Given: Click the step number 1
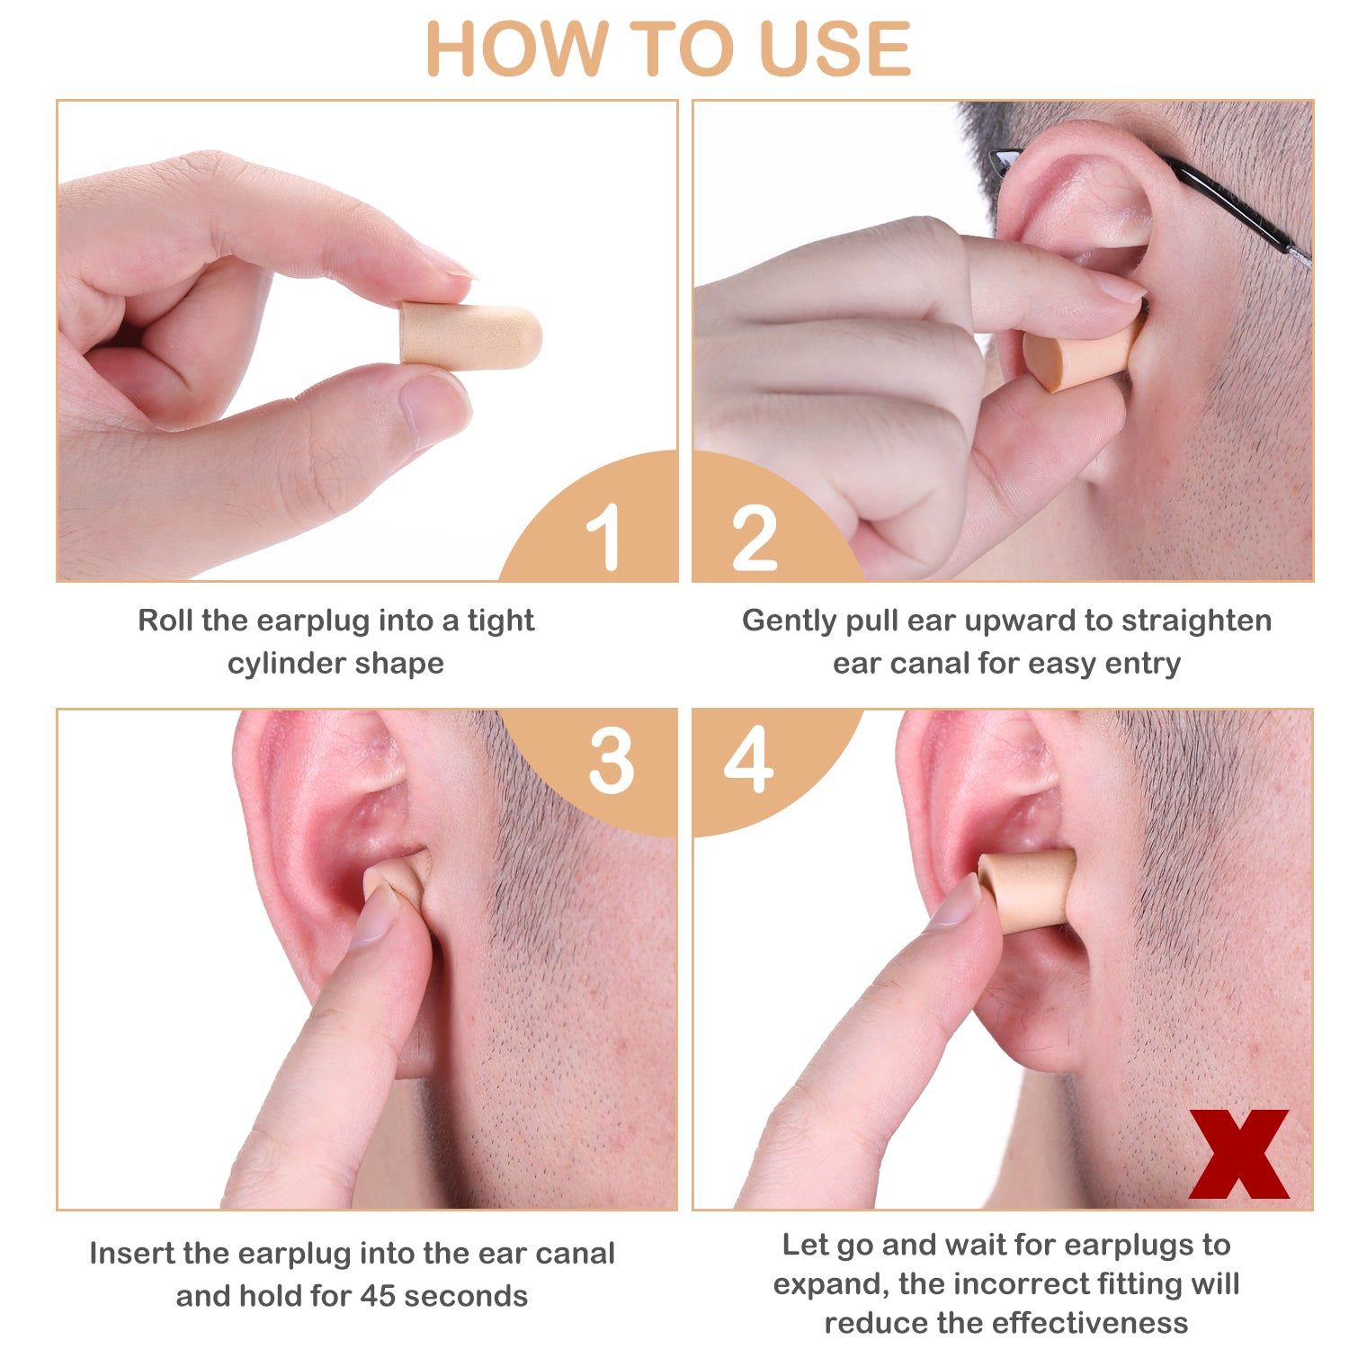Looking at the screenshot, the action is click(x=603, y=536).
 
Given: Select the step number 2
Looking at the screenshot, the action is click(x=755, y=537).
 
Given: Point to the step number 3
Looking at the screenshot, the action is click(x=612, y=761).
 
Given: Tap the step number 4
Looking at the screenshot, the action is click(x=748, y=759).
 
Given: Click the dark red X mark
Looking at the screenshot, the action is click(x=1238, y=1154).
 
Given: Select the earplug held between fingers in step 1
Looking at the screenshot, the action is click(x=470, y=335).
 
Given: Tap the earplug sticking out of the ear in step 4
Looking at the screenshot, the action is click(x=1028, y=890).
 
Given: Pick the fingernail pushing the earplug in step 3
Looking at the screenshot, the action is click(x=375, y=915).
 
